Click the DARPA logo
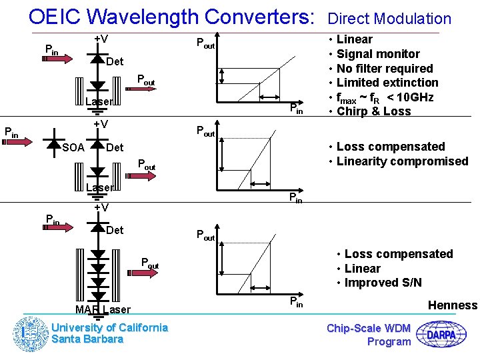(x=446, y=333)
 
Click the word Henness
(x=453, y=305)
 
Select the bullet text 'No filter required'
(x=385, y=69)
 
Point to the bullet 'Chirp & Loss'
(x=373, y=111)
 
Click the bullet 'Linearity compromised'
(x=402, y=161)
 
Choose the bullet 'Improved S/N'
(x=383, y=283)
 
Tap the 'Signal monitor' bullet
(x=378, y=54)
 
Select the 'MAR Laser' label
(x=103, y=309)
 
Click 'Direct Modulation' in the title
(x=389, y=19)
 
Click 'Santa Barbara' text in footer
(x=87, y=339)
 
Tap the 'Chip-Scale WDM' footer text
(x=369, y=328)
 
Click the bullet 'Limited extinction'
(x=387, y=83)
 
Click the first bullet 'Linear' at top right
(x=355, y=39)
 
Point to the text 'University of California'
(x=110, y=327)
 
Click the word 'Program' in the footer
(x=389, y=341)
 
